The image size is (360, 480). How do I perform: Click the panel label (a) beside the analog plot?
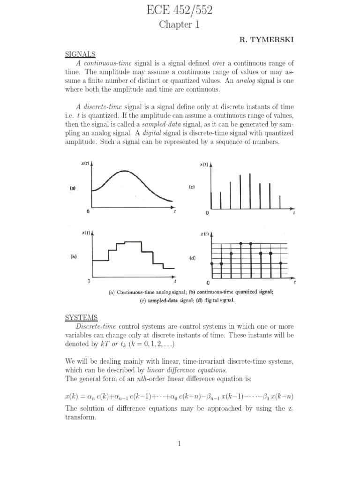[73, 188]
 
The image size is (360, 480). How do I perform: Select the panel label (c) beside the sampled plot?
[192, 187]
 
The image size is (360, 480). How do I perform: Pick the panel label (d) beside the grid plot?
[192, 258]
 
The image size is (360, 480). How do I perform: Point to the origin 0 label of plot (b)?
[89, 281]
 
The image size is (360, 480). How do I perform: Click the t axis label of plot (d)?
[294, 283]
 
